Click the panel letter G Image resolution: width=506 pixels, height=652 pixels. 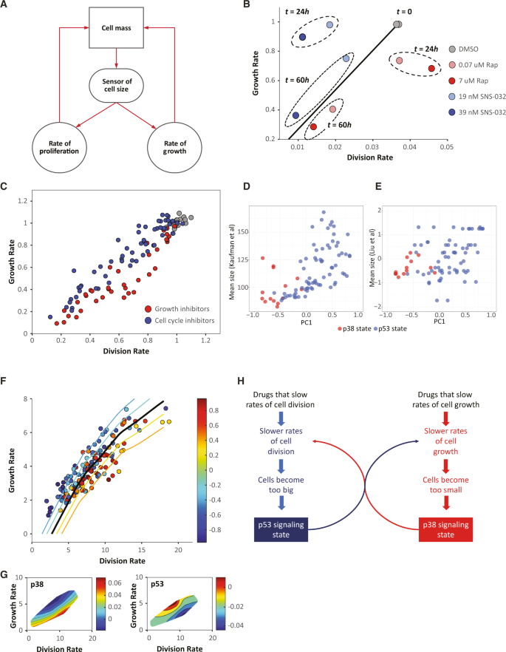point(6,574)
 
